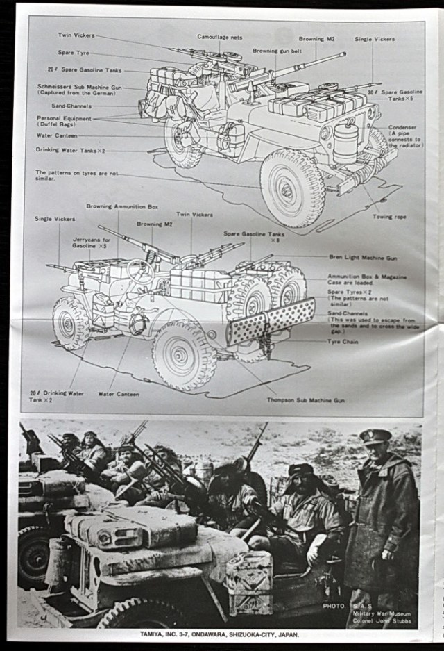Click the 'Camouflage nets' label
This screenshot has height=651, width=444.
click(220, 37)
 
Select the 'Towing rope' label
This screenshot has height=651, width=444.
click(389, 217)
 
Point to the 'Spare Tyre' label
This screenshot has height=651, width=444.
click(73, 53)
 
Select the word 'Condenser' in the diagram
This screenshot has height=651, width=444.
click(402, 127)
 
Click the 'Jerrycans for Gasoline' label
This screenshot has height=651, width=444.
click(90, 242)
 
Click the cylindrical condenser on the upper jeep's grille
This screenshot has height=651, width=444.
click(345, 143)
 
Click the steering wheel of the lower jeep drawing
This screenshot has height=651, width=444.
click(140, 270)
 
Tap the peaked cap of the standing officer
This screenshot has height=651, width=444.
click(375, 436)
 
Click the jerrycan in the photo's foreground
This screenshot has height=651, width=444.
click(249, 581)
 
